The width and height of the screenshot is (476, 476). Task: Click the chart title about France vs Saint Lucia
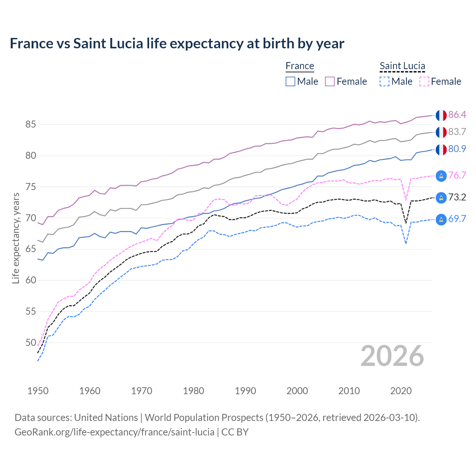tap(177, 44)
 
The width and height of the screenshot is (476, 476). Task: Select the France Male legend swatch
tap(290, 81)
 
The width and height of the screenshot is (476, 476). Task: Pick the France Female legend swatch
tap(330, 81)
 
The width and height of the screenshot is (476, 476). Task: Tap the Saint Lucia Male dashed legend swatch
tap(385, 81)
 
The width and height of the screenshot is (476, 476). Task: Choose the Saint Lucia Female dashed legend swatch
tap(424, 81)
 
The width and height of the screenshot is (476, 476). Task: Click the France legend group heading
tap(300, 66)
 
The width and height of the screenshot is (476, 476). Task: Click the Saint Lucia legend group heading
tap(402, 66)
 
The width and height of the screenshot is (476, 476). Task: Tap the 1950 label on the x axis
tap(38, 391)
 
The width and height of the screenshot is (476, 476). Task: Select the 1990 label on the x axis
tap(245, 391)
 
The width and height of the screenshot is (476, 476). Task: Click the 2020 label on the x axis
tap(401, 391)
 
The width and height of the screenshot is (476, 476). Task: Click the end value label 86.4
tap(457, 115)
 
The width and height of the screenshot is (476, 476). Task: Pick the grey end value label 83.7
tap(457, 132)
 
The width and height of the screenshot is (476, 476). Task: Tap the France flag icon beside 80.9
tap(441, 149)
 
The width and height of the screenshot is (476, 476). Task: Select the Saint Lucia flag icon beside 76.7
tap(441, 176)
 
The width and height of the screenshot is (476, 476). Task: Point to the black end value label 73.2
tap(457, 197)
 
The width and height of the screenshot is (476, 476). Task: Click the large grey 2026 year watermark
tap(392, 356)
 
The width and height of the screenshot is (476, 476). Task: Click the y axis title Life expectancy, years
tap(16, 238)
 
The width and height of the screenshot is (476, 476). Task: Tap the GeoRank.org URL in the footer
tap(115, 432)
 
